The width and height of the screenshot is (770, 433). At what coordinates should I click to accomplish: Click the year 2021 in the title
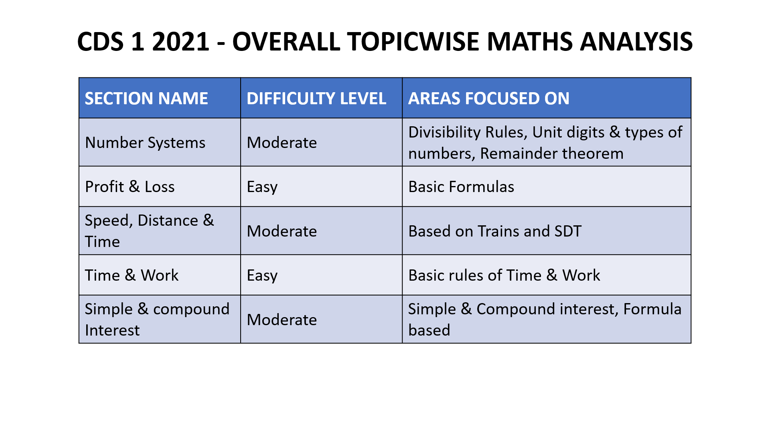click(x=180, y=42)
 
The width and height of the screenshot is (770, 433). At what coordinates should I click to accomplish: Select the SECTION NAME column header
click(x=146, y=99)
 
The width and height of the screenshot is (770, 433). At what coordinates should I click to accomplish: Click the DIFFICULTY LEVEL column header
click(x=316, y=99)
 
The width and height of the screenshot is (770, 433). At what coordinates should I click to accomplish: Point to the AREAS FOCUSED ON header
click(x=488, y=99)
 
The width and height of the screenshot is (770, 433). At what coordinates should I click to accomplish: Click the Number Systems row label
click(x=145, y=143)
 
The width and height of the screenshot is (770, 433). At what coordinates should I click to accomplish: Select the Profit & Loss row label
click(x=130, y=187)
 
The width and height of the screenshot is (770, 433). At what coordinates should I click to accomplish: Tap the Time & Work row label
click(x=132, y=275)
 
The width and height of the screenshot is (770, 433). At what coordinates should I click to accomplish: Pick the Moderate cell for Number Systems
click(x=282, y=143)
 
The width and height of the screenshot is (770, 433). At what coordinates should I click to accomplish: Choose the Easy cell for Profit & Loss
click(x=262, y=187)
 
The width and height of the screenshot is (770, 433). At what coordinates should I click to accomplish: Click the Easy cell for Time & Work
click(x=262, y=275)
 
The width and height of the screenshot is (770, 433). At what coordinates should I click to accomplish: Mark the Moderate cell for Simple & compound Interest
click(x=282, y=320)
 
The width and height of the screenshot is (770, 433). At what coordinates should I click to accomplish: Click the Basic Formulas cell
click(x=461, y=187)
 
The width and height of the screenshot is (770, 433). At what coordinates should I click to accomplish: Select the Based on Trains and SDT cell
click(x=495, y=231)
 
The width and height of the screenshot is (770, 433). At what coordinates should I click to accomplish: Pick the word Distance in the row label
click(x=168, y=221)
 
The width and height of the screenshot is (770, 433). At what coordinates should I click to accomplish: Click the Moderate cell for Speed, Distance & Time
click(x=282, y=231)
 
